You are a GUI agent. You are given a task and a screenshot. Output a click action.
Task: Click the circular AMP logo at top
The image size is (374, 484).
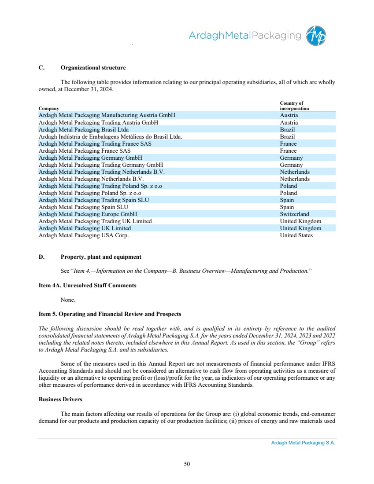316,35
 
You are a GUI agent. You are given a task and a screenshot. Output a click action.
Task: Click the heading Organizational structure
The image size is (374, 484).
93,68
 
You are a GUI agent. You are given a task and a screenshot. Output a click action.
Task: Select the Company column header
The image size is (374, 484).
48,108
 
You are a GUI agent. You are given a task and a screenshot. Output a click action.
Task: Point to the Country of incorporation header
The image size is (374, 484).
294,106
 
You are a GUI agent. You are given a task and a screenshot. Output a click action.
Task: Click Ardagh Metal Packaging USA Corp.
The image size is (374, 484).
84,235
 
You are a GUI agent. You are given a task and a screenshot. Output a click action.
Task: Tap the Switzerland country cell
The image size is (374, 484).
294,214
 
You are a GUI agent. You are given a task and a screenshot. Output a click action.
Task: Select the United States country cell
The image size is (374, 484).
296,235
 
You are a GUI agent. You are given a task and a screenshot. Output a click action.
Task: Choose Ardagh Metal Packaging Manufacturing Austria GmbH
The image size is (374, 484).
107,115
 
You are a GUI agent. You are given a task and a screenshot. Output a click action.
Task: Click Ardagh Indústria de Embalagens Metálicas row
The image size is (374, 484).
111,137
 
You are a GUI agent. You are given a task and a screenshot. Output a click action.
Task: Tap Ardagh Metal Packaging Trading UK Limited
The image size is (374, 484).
95,221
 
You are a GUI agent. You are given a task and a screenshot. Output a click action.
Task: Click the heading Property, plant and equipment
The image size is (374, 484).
101,257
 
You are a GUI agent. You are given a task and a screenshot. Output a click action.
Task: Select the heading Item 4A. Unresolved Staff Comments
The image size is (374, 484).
88,286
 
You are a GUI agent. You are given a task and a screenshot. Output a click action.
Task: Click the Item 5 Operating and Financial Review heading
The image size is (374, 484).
110,314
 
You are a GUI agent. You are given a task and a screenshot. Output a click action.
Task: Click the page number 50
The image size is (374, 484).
187,463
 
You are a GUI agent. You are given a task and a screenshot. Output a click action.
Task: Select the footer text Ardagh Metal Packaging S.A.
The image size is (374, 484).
303,444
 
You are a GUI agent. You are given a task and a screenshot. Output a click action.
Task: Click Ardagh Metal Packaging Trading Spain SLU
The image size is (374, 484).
94,200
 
